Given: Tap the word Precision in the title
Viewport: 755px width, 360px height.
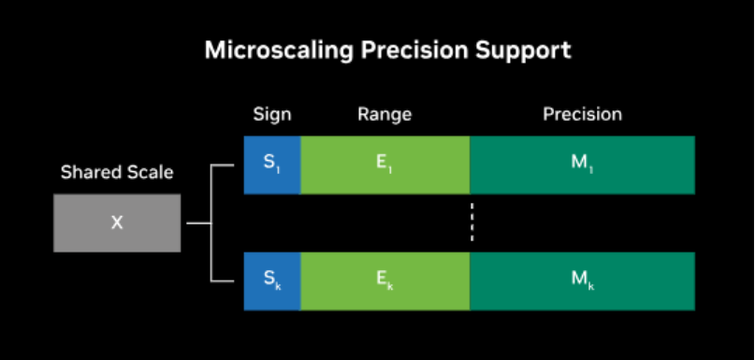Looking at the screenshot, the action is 414,50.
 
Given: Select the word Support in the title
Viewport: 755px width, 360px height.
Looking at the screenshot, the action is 523,50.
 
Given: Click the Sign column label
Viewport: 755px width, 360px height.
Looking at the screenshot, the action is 272,115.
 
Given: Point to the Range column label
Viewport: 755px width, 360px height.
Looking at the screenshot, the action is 385,115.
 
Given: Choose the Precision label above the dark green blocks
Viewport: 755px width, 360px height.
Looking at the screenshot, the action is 582,114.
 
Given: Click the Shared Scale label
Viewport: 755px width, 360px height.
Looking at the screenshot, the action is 117,172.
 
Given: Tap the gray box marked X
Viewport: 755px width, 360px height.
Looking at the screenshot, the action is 117,223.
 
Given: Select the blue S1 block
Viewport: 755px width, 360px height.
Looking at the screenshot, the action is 272,166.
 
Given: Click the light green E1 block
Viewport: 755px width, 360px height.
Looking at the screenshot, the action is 385,166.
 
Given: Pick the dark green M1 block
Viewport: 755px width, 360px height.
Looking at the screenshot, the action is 582,166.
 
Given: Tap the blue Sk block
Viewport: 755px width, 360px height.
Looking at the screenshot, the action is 272,281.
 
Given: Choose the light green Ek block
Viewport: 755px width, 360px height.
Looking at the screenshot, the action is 385,281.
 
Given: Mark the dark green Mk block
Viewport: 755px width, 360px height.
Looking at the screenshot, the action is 582,281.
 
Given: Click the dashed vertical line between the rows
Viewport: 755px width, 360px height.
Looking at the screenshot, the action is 472,222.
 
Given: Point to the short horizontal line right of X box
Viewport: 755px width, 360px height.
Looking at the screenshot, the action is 198,223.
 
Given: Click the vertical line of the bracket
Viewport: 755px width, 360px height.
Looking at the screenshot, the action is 211,223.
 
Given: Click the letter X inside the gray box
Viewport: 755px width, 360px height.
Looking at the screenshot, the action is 117,223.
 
